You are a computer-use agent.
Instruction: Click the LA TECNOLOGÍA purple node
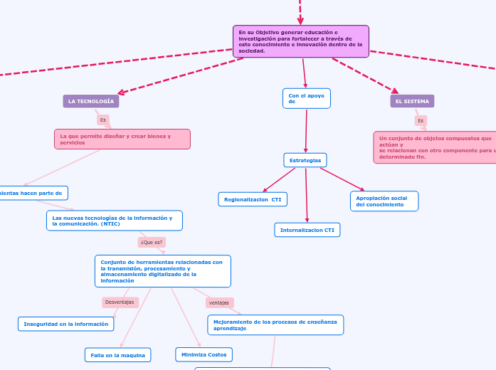91,101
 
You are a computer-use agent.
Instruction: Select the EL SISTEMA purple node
412,101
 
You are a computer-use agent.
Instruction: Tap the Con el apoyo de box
307,98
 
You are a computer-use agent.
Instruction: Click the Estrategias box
305,160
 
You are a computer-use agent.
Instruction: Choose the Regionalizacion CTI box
253,199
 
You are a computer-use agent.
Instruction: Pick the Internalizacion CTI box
307,230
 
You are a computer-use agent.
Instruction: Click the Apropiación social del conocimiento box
384,201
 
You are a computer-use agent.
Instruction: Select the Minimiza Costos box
204,354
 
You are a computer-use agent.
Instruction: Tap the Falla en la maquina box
117,354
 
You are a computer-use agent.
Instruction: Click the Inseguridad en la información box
66,324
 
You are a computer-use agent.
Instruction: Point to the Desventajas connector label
120,302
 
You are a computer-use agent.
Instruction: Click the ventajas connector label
219,302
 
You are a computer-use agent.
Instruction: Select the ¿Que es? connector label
152,242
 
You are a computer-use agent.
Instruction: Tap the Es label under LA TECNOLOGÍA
103,120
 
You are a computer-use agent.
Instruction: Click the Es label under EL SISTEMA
421,120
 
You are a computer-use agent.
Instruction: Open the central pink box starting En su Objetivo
300,41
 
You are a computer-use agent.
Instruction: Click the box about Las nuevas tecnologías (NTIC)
115,221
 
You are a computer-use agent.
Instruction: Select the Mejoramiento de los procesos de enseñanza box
275,325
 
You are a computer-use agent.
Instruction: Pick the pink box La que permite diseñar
122,139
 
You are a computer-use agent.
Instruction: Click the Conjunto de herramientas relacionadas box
163,271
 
